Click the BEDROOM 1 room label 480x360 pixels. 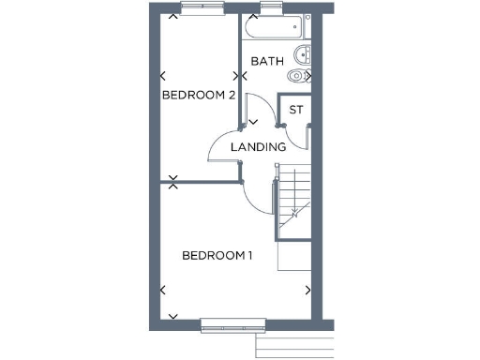click(x=217, y=255)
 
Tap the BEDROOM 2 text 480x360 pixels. click(x=198, y=95)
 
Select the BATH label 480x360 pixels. click(x=267, y=62)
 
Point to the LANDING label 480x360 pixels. click(x=260, y=147)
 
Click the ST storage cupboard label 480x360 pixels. click(x=296, y=111)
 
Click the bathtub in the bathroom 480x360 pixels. click(x=267, y=27)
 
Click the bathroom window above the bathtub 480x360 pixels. click(x=271, y=7)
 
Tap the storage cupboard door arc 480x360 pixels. click(x=298, y=137)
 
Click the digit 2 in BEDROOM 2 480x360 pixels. click(x=230, y=95)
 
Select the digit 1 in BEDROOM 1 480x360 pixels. click(x=250, y=255)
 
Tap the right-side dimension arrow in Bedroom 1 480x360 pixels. click(x=310, y=290)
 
